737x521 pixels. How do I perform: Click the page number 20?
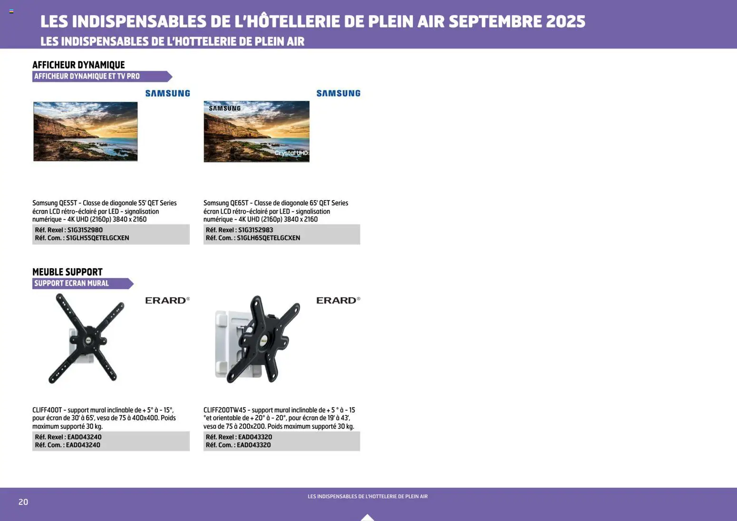pyautogui.click(x=23, y=502)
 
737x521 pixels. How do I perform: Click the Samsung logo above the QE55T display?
pyautogui.click(x=167, y=94)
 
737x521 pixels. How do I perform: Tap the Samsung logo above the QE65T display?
pyautogui.click(x=338, y=94)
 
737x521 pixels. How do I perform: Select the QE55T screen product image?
pyautogui.click(x=86, y=131)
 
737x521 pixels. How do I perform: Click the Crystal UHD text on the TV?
pyautogui.click(x=291, y=153)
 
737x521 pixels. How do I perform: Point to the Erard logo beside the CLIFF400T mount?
pyautogui.click(x=167, y=300)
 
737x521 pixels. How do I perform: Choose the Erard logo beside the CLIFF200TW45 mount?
pyautogui.click(x=338, y=300)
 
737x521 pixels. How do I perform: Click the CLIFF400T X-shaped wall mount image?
pyautogui.click(x=86, y=338)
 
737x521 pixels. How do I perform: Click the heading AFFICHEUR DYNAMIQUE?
pyautogui.click(x=78, y=65)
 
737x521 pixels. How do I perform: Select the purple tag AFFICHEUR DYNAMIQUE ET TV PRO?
pyautogui.click(x=87, y=77)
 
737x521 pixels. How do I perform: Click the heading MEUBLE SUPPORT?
pyautogui.click(x=68, y=272)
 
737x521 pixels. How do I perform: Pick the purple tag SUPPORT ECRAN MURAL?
pyautogui.click(x=72, y=283)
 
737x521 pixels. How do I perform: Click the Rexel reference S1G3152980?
pyautogui.click(x=85, y=230)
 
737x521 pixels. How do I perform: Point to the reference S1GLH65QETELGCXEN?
pyautogui.click(x=268, y=238)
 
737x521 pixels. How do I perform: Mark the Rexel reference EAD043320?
pyautogui.click(x=255, y=437)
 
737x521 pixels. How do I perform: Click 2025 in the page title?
pyautogui.click(x=565, y=21)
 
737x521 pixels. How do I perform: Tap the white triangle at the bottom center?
pyautogui.click(x=367, y=517)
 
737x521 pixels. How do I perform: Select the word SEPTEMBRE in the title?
pyautogui.click(x=495, y=21)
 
